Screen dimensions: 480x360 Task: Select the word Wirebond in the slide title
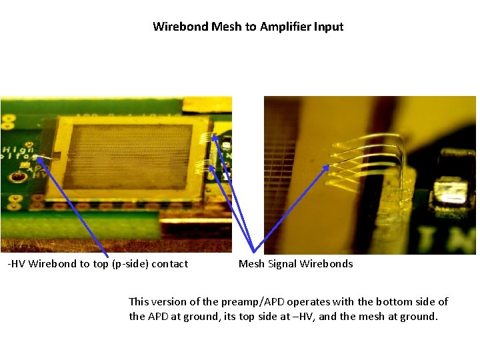(180, 27)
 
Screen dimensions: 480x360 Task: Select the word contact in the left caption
(170, 264)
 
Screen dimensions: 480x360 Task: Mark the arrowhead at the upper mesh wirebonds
(215, 137)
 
